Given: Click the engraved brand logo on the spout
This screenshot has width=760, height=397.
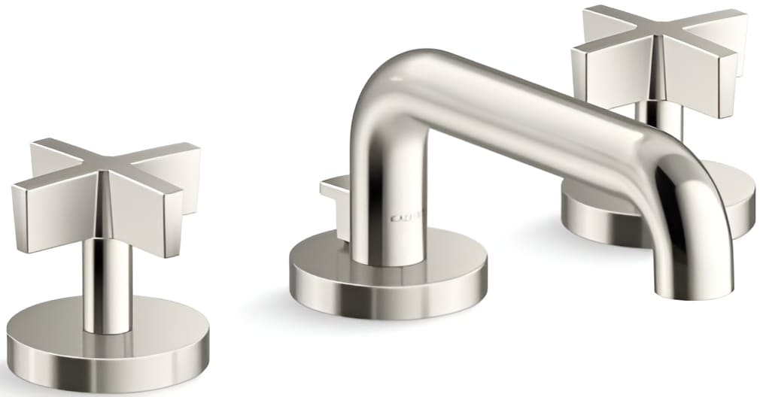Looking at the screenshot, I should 407,219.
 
